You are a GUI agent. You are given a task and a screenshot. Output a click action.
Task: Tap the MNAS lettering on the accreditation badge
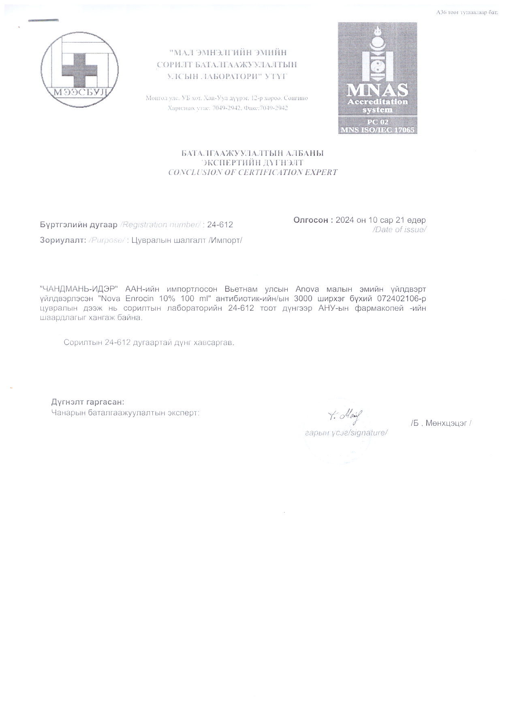(x=377, y=89)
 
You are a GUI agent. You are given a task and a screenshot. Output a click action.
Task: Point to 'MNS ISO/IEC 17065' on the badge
(x=377, y=130)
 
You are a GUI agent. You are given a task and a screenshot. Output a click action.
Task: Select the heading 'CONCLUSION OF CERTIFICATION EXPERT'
(x=252, y=172)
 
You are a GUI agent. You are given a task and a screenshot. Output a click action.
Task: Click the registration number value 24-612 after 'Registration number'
(x=220, y=225)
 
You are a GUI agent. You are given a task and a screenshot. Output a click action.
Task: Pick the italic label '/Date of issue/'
(x=399, y=229)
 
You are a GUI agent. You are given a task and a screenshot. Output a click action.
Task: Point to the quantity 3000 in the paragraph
(x=303, y=299)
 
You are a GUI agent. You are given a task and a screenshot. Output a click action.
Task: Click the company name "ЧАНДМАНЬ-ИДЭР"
(x=79, y=289)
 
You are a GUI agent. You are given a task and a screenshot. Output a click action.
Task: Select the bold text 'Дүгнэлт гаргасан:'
(x=88, y=402)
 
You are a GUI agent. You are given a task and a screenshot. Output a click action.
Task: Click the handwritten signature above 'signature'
(x=346, y=415)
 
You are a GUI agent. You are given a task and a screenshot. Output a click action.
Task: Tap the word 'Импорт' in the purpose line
(x=229, y=240)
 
